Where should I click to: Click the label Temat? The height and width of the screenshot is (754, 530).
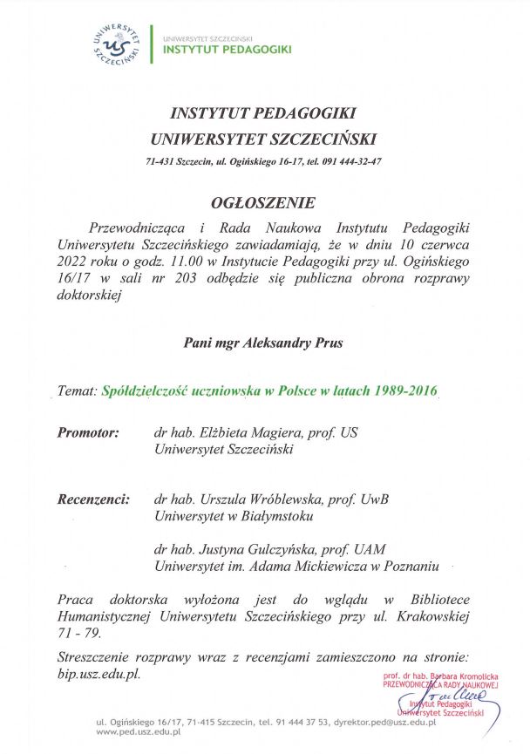pyautogui.click(x=77, y=392)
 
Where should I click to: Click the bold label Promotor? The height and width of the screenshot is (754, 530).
pyautogui.click(x=88, y=432)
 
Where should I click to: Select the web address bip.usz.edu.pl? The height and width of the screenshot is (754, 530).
pyautogui.click(x=98, y=674)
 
